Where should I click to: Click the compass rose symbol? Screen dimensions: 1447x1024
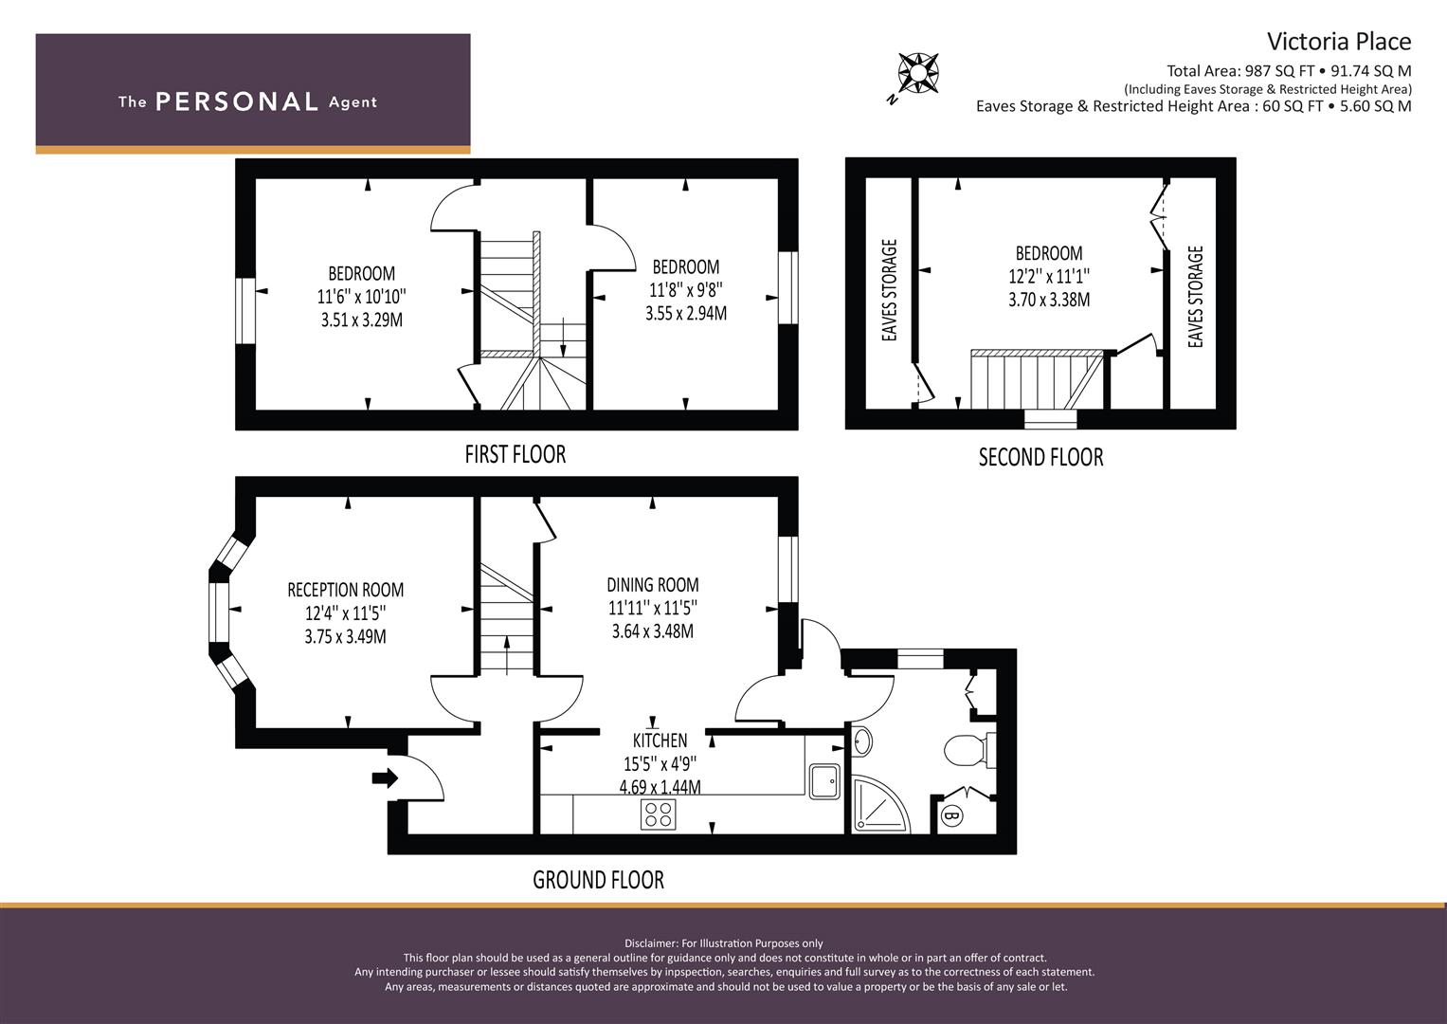(918, 72)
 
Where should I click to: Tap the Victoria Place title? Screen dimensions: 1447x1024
(1338, 42)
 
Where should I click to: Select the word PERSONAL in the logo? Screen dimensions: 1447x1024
(237, 101)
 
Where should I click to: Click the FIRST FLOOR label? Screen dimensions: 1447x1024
(515, 454)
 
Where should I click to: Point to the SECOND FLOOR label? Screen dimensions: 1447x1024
(1040, 457)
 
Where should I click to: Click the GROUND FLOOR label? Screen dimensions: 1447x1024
(598, 880)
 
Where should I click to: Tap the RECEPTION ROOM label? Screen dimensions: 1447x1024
(346, 590)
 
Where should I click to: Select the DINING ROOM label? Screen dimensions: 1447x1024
(653, 585)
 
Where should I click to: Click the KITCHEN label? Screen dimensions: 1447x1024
(660, 741)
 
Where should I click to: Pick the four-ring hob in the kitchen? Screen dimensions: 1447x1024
(659, 814)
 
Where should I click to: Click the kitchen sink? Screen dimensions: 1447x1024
(825, 781)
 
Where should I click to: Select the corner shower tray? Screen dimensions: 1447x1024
(881, 806)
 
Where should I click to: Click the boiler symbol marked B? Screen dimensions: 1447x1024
(951, 815)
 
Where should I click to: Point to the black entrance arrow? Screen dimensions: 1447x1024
(385, 778)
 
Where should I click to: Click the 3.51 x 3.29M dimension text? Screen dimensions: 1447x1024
(362, 320)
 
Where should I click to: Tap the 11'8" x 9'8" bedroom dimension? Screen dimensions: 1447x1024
(686, 290)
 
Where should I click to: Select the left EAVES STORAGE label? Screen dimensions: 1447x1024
(890, 290)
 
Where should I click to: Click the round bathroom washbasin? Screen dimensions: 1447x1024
(861, 741)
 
